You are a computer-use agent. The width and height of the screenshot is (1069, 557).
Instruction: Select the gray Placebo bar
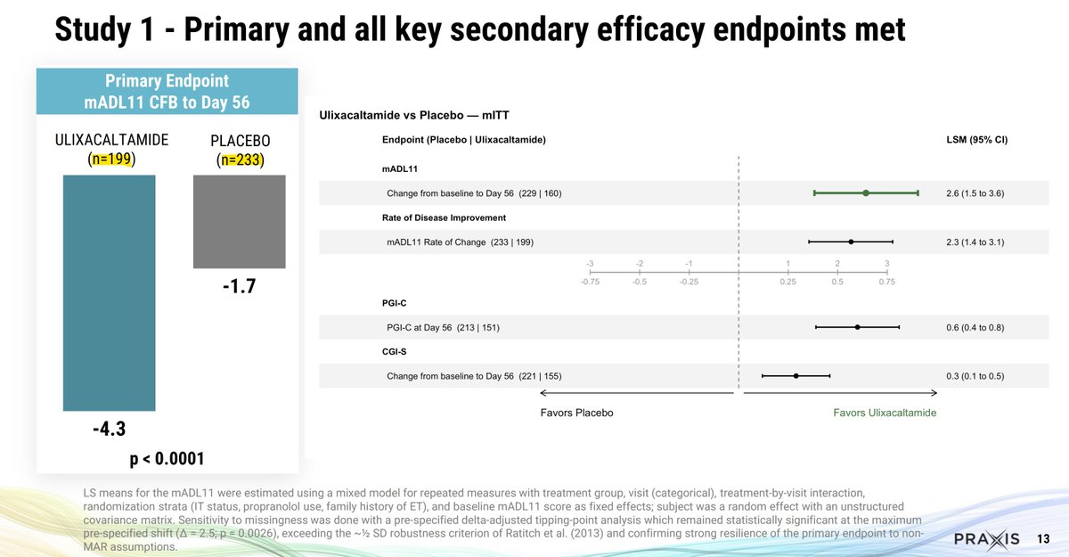pyautogui.click(x=240, y=221)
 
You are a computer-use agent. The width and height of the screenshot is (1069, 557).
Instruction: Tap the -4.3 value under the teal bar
pyautogui.click(x=108, y=430)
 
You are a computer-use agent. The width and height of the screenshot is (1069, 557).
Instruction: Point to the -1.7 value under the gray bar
pyautogui.click(x=239, y=288)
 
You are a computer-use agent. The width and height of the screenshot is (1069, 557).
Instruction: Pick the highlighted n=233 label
pyautogui.click(x=240, y=161)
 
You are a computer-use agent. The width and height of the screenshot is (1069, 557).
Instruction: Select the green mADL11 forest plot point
pyautogui.click(x=865, y=192)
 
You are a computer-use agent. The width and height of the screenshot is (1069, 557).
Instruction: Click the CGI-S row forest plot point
pyautogui.click(x=796, y=376)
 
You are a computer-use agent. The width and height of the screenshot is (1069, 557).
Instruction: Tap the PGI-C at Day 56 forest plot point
pyautogui.click(x=857, y=327)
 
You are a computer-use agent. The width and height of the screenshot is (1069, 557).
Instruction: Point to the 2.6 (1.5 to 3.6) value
pyautogui.click(x=975, y=193)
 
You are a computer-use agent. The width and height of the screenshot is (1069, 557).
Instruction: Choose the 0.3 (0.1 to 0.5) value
pyautogui.click(x=975, y=376)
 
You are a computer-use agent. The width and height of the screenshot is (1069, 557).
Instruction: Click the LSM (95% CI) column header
pyautogui.click(x=976, y=140)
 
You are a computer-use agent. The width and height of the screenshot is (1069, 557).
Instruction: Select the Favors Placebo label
pyautogui.click(x=576, y=413)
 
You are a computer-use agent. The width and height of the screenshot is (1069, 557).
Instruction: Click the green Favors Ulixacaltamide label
pyautogui.click(x=885, y=413)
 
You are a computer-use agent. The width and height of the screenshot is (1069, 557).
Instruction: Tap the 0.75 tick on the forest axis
pyautogui.click(x=886, y=282)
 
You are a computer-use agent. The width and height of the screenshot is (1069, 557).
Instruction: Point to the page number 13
pyautogui.click(x=1044, y=539)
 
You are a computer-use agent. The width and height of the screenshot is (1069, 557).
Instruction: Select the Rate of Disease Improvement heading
pyautogui.click(x=444, y=217)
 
